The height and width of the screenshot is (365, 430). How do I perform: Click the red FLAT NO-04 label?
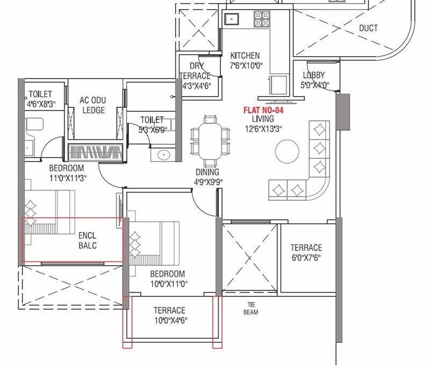(x=263, y=110)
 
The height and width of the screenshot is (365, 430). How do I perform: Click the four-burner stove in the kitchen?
(x=262, y=20)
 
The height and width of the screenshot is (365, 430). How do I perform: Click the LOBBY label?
(x=314, y=75)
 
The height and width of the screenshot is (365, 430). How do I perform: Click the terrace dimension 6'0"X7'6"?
(x=306, y=257)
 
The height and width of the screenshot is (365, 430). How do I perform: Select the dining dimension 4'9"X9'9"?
(x=207, y=181)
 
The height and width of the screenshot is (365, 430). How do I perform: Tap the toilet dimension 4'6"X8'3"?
(x=40, y=103)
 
